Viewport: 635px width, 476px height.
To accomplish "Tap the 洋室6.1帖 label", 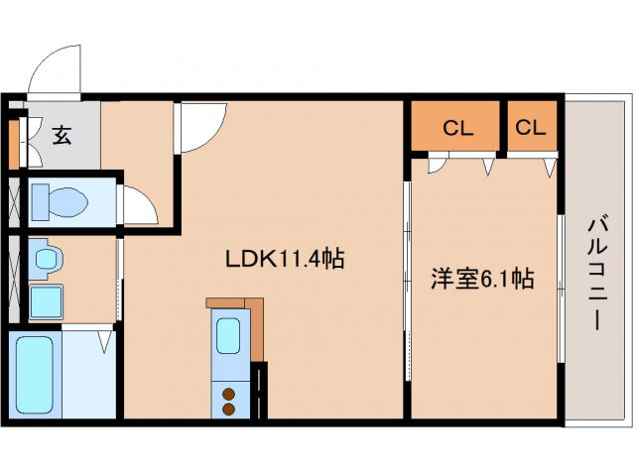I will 482,279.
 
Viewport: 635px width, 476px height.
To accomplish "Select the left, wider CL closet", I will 456,127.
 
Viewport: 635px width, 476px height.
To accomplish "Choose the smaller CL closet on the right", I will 531,127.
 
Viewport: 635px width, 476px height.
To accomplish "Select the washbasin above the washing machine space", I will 46,261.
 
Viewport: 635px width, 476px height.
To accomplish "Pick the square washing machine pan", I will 46,300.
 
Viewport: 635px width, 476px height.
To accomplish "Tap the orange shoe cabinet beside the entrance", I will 12,144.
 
